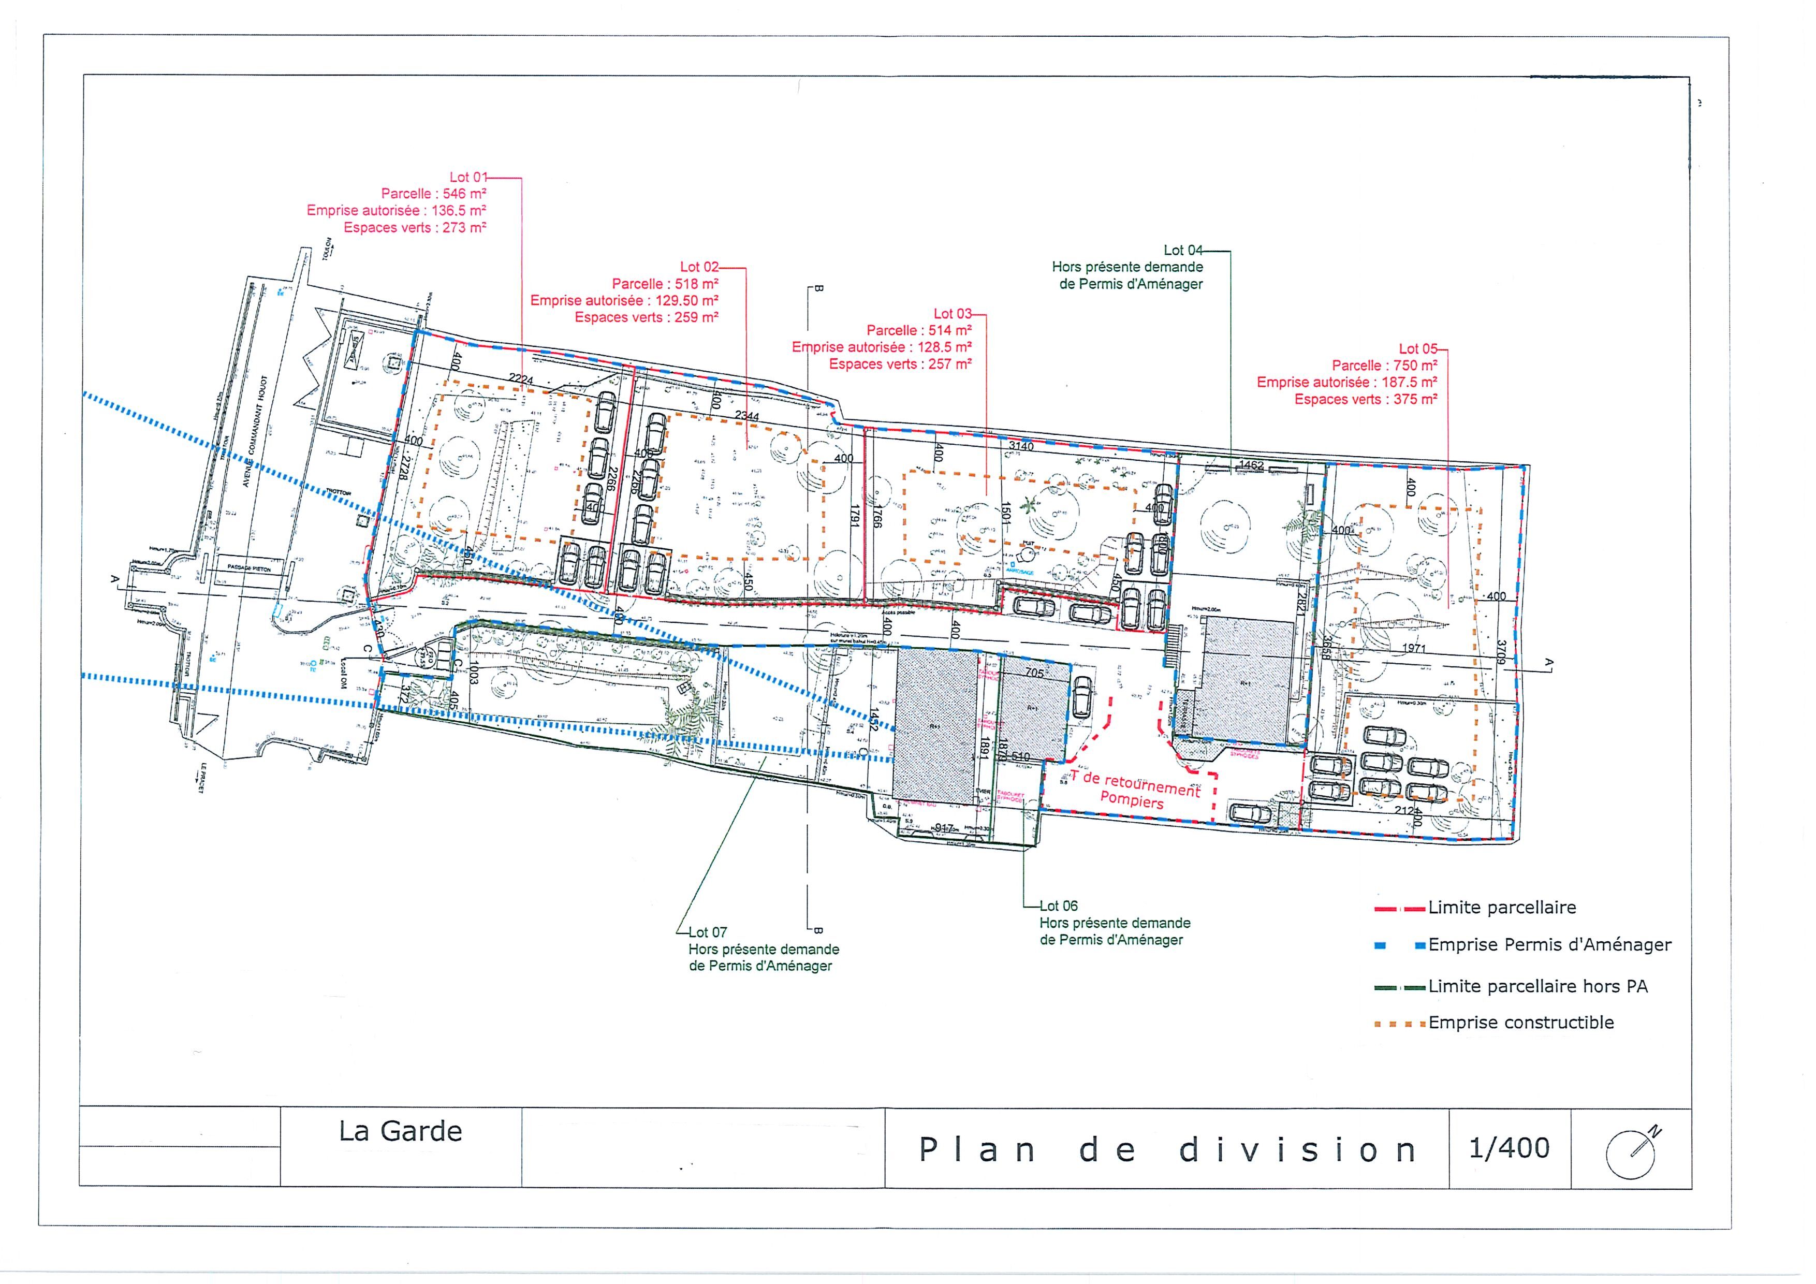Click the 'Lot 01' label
click(x=469, y=177)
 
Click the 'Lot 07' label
click(x=707, y=932)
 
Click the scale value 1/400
click(x=1509, y=1148)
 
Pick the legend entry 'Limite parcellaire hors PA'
click(x=1537, y=986)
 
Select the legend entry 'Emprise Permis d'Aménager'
click(x=1549, y=944)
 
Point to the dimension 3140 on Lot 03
click(x=1021, y=446)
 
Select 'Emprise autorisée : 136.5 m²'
click(x=396, y=210)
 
